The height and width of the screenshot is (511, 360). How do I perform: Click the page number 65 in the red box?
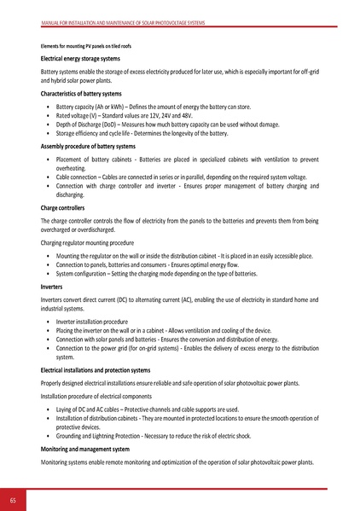14,499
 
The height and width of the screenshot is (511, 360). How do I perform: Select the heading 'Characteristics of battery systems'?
82,92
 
